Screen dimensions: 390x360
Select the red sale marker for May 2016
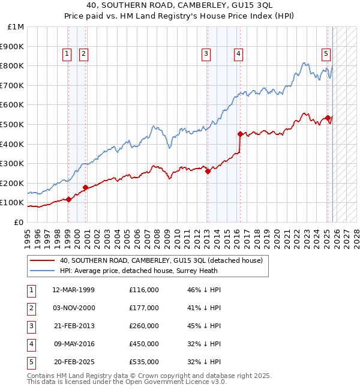pos(239,134)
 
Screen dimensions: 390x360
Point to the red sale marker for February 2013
pos(208,171)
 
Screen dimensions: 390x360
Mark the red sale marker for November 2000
pos(85,187)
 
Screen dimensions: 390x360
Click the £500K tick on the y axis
pos(12,124)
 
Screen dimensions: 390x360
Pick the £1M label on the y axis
pos(16,27)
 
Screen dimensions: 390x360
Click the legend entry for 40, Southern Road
pos(161,261)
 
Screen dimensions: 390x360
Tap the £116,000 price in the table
pos(143,290)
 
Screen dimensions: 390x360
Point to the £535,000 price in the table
pos(143,362)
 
